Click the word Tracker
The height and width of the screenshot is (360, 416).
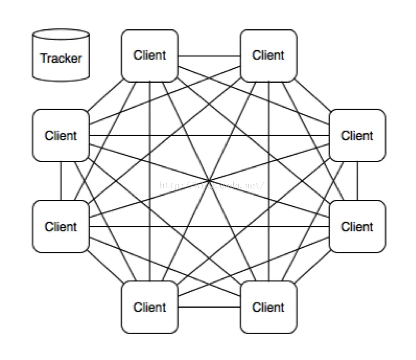tap(61, 58)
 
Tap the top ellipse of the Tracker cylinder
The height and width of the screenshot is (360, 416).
tap(61, 36)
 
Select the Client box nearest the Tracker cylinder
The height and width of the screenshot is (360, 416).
tap(150, 55)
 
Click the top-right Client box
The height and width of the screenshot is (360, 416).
tap(268, 55)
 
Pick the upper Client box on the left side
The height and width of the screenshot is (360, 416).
tap(61, 136)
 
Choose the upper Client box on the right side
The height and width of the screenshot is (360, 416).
tap(357, 136)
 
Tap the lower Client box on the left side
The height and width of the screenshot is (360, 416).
tap(61, 226)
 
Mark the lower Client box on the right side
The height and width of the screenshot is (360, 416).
tap(357, 226)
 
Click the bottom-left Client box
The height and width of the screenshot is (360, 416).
tap(150, 307)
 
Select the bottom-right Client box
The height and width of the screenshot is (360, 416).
tap(268, 307)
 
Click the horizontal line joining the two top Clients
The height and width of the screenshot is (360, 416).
tap(209, 55)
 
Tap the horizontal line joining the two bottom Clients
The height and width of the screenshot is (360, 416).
tap(209, 307)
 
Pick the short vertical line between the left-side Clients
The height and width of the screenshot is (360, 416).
tap(61, 181)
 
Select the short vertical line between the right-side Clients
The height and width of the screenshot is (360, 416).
tap(357, 181)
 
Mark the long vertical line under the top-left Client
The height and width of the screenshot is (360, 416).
tap(150, 151)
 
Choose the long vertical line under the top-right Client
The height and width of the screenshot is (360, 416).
tap(268, 151)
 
